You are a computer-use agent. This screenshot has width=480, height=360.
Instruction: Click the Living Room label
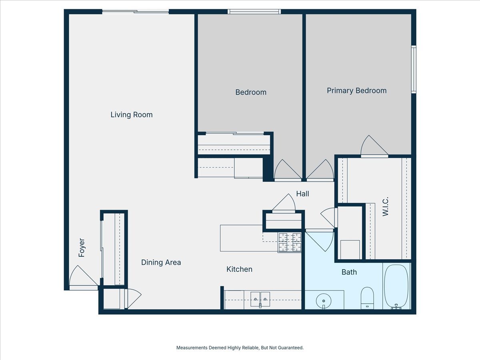132,115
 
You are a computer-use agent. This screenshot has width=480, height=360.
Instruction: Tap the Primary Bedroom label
356,90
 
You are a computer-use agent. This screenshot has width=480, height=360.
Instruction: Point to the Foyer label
82,248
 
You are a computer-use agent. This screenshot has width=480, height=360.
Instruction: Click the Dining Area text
161,262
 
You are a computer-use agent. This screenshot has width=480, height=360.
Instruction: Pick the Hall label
302,194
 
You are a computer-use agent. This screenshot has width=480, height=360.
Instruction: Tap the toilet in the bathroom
367,298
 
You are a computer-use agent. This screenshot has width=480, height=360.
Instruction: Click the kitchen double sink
260,297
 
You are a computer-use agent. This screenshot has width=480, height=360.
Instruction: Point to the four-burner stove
290,242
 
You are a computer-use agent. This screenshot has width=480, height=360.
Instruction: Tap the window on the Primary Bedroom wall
414,69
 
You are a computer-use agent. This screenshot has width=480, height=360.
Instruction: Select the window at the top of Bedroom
254,12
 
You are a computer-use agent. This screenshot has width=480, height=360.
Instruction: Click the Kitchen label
239,269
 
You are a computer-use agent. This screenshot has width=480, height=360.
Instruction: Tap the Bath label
349,272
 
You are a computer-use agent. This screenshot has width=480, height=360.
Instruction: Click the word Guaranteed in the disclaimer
290,348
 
